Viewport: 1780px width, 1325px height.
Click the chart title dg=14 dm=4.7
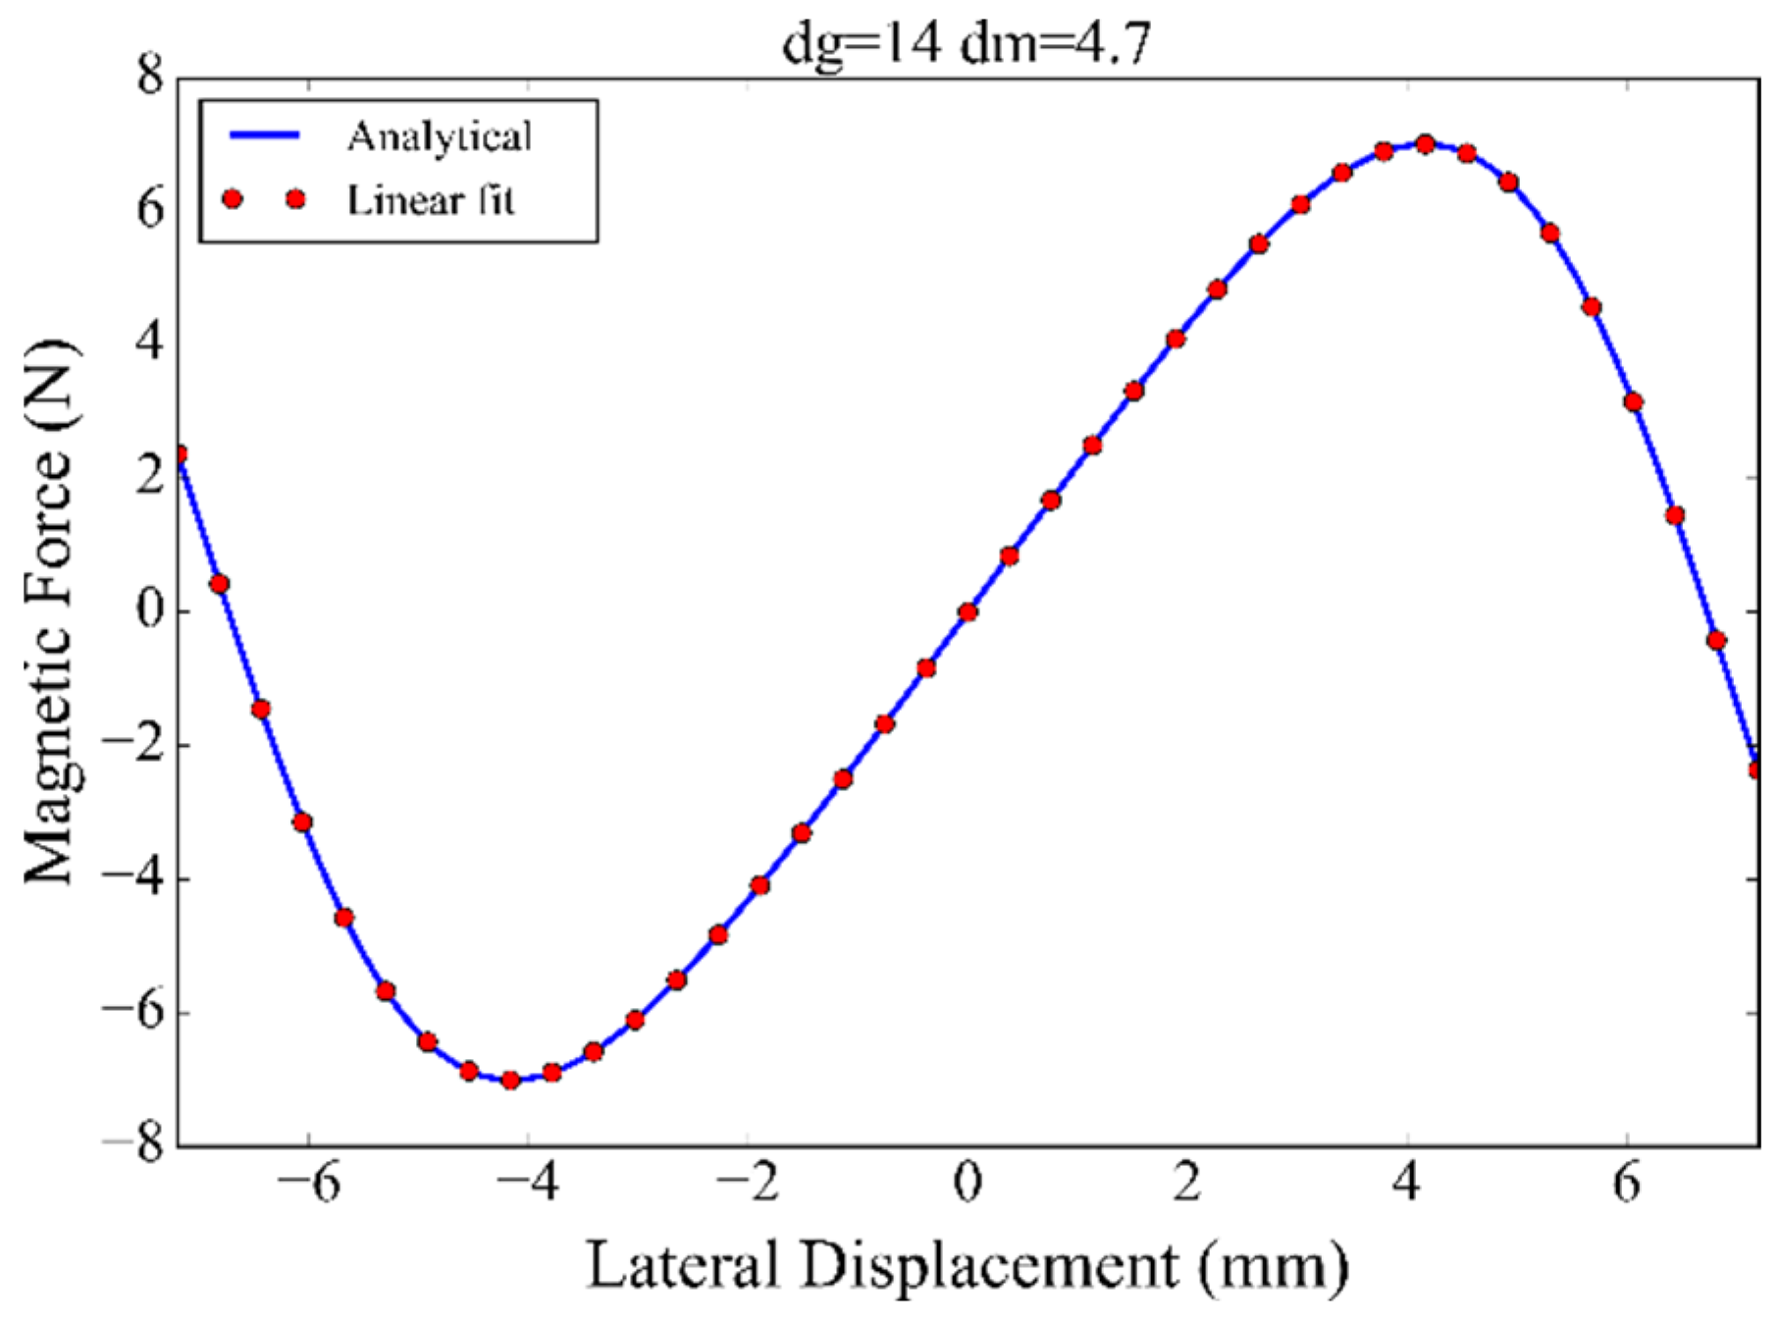(x=966, y=43)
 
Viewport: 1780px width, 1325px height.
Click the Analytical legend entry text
(x=439, y=136)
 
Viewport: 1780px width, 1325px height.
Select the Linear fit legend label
(x=431, y=200)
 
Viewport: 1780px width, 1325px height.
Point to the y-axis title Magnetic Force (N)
(x=49, y=610)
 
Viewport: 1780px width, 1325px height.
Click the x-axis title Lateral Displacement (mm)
(x=967, y=1265)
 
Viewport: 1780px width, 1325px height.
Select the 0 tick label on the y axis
(x=150, y=609)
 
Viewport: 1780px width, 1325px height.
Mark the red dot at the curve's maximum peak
(x=1425, y=144)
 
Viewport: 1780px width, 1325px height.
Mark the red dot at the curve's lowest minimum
(x=510, y=1080)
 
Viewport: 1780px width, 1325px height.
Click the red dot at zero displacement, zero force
(x=968, y=611)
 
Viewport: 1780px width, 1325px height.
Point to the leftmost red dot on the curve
(x=180, y=454)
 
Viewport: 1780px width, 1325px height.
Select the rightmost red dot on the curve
(x=1755, y=769)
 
